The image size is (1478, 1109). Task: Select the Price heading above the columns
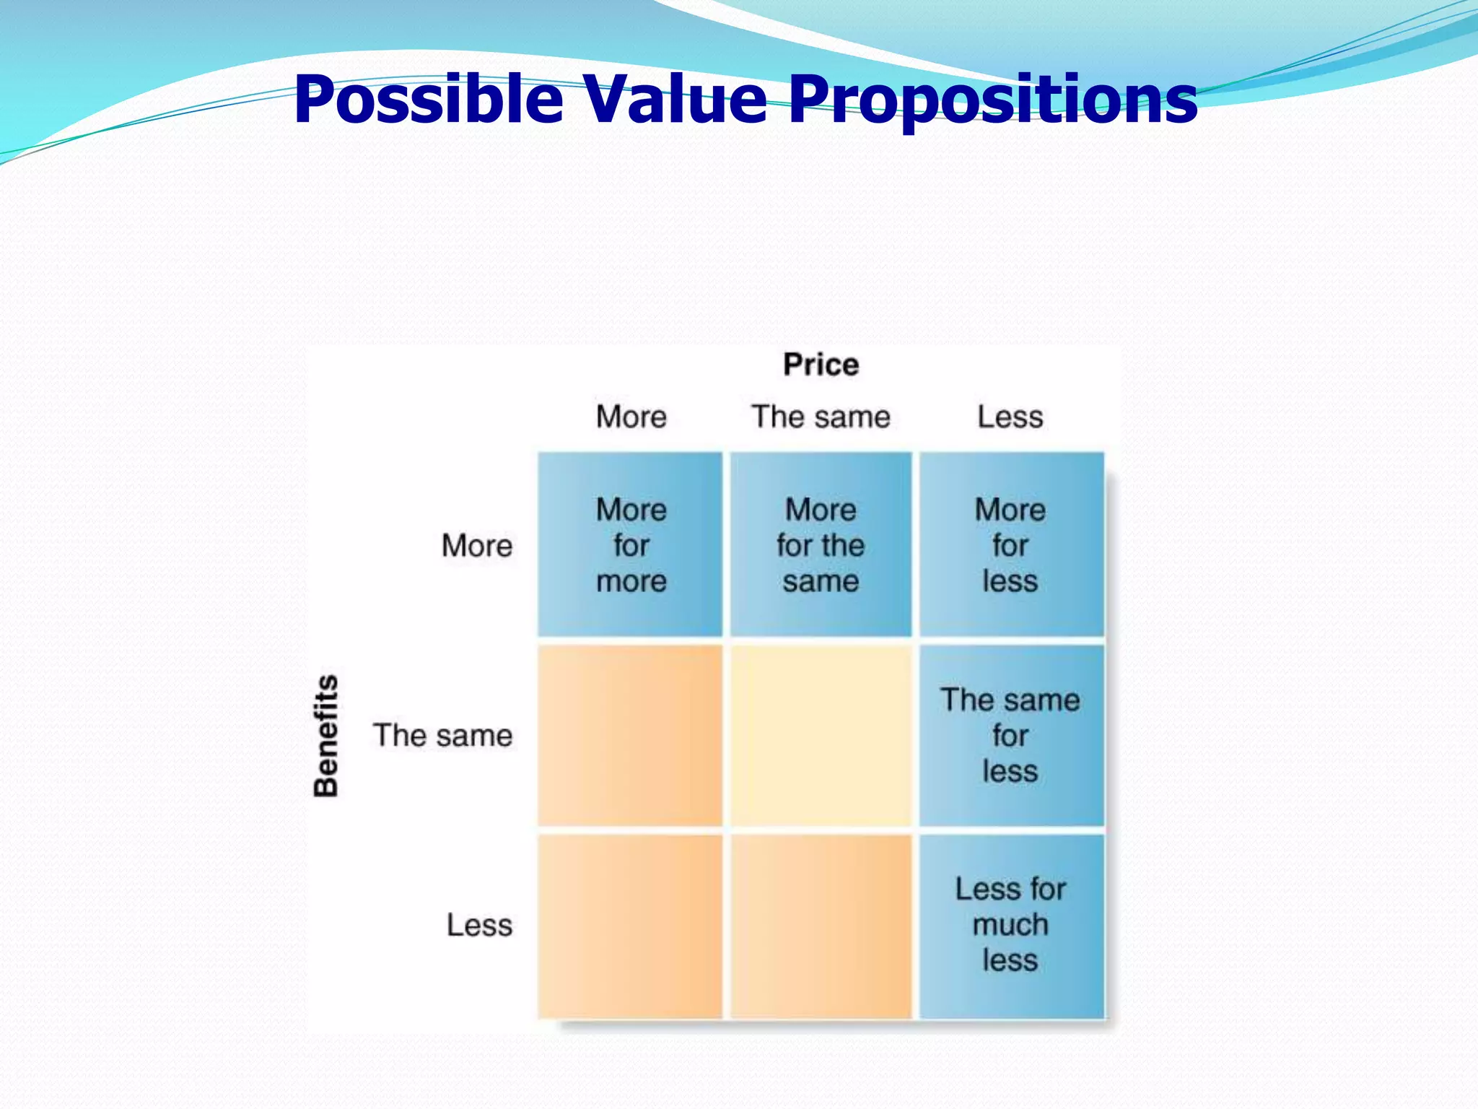(821, 365)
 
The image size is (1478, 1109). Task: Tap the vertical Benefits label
(326, 736)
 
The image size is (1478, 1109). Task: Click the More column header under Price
(631, 417)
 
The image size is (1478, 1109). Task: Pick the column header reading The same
(821, 417)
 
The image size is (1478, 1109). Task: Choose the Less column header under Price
(1010, 417)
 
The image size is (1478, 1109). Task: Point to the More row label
(476, 545)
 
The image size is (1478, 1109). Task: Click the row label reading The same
(442, 735)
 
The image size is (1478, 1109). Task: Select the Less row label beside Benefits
(478, 925)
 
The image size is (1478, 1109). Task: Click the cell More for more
(630, 545)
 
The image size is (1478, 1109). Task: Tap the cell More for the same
(821, 545)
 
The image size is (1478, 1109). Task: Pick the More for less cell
(1010, 545)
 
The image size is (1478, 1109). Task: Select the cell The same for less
(1010, 735)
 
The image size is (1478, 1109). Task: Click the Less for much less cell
(1010, 925)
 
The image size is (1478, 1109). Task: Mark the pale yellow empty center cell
(821, 735)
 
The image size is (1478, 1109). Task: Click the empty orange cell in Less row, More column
(630, 926)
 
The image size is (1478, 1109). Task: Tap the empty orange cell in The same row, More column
(630, 735)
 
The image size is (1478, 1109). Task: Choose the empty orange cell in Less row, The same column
(821, 926)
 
